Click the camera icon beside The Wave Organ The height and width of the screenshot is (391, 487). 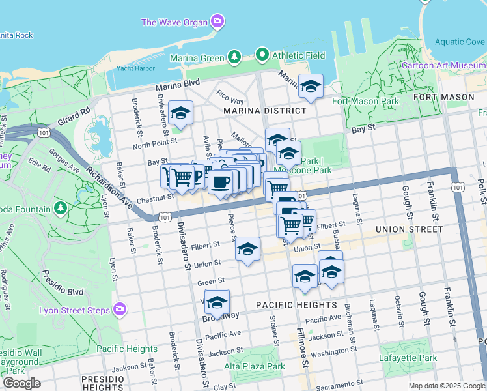coord(217,22)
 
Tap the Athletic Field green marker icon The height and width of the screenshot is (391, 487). coord(262,55)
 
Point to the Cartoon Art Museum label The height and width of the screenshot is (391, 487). coord(443,65)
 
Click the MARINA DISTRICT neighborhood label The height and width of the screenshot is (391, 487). coord(264,111)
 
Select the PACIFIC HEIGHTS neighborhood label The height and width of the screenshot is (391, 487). coord(296,305)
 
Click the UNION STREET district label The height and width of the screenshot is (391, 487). coord(409,229)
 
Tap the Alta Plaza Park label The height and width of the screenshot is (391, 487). coord(255,366)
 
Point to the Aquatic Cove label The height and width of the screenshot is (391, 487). coord(460,42)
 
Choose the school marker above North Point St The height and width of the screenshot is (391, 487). coord(180,112)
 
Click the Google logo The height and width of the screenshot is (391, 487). coord(21,383)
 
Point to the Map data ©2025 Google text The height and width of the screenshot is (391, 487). coord(446,386)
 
